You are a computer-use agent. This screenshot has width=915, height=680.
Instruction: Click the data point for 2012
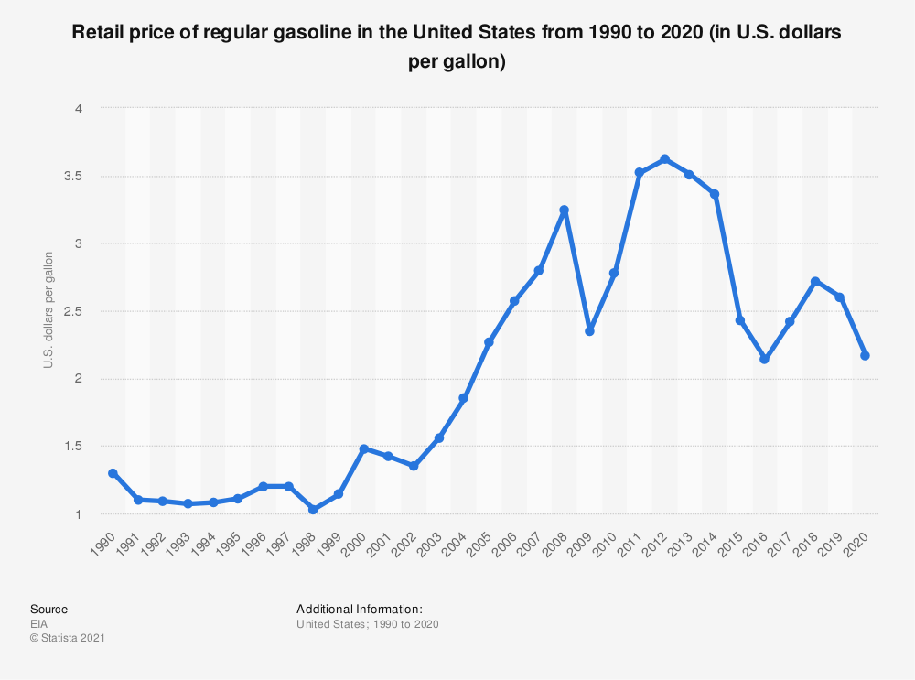pyautogui.click(x=664, y=159)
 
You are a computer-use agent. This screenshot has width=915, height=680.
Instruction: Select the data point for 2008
pyautogui.click(x=565, y=210)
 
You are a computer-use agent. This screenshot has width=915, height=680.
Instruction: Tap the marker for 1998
pyautogui.click(x=313, y=510)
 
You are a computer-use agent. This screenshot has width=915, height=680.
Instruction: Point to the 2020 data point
pyautogui.click(x=865, y=355)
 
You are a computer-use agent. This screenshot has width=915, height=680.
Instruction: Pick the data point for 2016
pyautogui.click(x=764, y=359)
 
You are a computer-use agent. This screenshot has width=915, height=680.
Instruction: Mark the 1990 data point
pyautogui.click(x=113, y=473)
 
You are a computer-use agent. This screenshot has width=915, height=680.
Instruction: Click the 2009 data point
pyautogui.click(x=589, y=331)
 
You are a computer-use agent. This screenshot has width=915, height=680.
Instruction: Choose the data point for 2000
pyautogui.click(x=363, y=448)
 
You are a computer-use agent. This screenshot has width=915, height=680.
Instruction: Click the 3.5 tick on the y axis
pyautogui.click(x=73, y=177)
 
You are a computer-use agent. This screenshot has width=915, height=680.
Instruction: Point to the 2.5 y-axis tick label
pyautogui.click(x=73, y=311)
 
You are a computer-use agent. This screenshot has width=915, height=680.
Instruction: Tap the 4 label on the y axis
pyautogui.click(x=79, y=109)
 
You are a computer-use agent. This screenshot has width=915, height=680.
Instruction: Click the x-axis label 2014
pyautogui.click(x=706, y=545)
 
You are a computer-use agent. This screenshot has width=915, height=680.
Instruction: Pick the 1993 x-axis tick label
pyautogui.click(x=179, y=545)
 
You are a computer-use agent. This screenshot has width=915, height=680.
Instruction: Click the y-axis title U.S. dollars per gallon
pyautogui.click(x=48, y=310)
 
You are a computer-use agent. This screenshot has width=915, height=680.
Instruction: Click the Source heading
pyautogui.click(x=49, y=609)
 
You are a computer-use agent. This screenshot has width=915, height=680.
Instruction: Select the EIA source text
pyautogui.click(x=39, y=624)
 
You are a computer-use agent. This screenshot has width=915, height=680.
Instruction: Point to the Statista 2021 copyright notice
pyautogui.click(x=68, y=638)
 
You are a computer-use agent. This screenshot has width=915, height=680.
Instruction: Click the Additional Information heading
pyautogui.click(x=360, y=609)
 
